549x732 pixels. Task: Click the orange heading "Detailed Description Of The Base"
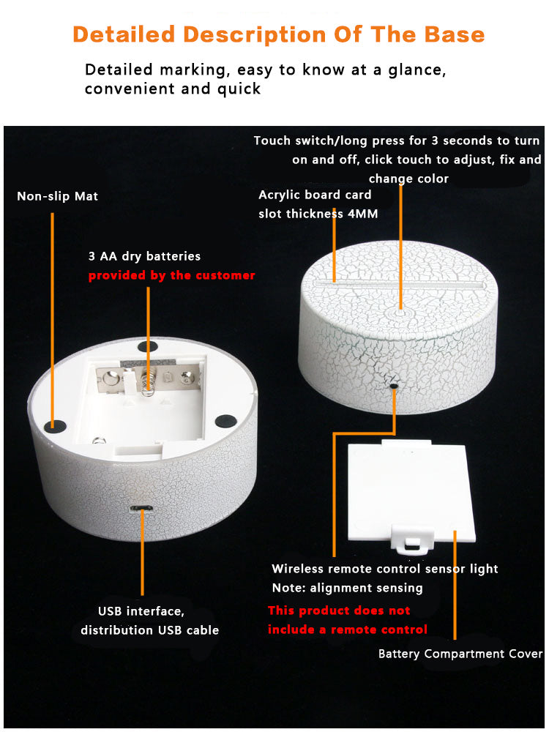279,34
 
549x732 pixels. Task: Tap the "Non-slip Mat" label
57,196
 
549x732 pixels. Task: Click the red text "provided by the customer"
172,275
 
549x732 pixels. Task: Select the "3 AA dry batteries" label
144,256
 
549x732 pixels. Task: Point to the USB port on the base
142,509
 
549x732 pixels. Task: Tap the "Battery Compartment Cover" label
460,654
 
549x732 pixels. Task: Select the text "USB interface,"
141,611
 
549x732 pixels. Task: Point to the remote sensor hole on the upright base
395,386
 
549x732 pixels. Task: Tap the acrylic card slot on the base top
400,284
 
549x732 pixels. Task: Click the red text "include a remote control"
347,630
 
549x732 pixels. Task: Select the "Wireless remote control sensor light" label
385,569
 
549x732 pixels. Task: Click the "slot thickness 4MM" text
318,214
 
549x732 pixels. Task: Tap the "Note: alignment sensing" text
347,589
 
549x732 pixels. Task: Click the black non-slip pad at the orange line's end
53,425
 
